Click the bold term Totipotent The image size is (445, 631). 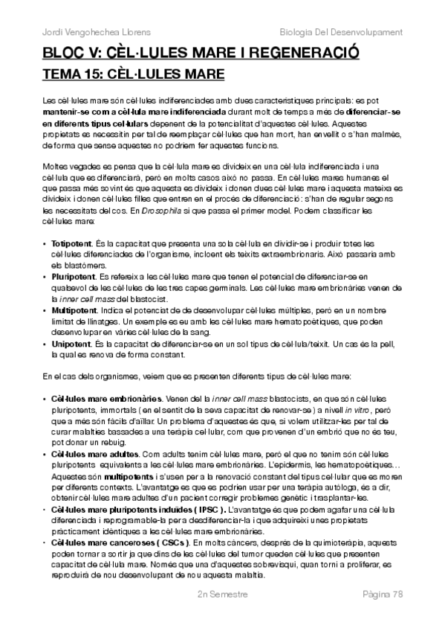click(x=71, y=243)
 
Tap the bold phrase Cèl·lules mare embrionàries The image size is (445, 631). click(x=101, y=400)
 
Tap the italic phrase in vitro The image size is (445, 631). click(x=372, y=410)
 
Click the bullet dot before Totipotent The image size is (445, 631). click(x=46, y=243)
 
